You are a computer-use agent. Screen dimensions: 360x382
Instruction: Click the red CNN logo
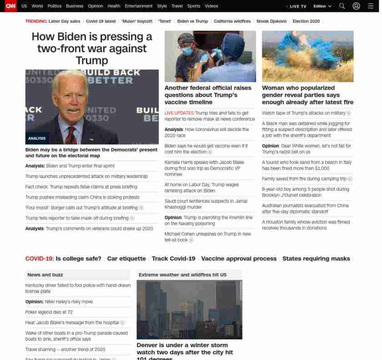click(x=10, y=6)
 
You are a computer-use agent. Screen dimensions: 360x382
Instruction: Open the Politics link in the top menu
click(x=54, y=6)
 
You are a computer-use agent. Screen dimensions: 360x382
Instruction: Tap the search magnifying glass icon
click(x=342, y=6)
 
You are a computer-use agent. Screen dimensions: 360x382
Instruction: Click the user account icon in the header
click(x=356, y=6)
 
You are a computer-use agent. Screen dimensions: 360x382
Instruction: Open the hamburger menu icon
click(x=370, y=6)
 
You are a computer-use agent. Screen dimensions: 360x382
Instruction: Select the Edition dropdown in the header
click(x=322, y=6)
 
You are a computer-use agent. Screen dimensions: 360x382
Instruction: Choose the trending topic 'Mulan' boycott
click(x=137, y=21)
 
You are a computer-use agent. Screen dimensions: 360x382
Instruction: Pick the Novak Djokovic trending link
click(x=271, y=21)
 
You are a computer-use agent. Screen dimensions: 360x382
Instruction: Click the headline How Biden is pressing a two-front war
click(x=92, y=48)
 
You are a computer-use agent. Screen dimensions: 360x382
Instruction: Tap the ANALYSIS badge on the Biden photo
click(x=37, y=138)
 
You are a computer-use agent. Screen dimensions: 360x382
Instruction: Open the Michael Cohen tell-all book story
click(x=207, y=237)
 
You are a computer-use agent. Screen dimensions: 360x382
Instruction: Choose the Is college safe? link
click(x=78, y=259)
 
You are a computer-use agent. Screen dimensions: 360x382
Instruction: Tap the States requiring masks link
click(x=316, y=259)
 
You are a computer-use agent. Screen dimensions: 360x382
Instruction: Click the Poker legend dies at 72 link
click(x=49, y=312)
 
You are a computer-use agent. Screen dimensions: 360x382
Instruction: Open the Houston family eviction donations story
click(x=306, y=225)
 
